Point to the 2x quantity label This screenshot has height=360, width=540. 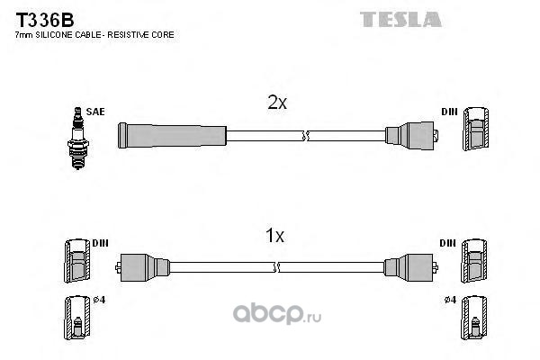(x=277, y=103)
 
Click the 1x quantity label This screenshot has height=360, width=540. (x=274, y=237)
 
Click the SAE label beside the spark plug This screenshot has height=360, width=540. (x=96, y=112)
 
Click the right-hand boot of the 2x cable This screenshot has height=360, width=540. (x=409, y=136)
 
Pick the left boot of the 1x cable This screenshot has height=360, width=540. (x=144, y=266)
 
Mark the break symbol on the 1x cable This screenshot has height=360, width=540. (x=278, y=266)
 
